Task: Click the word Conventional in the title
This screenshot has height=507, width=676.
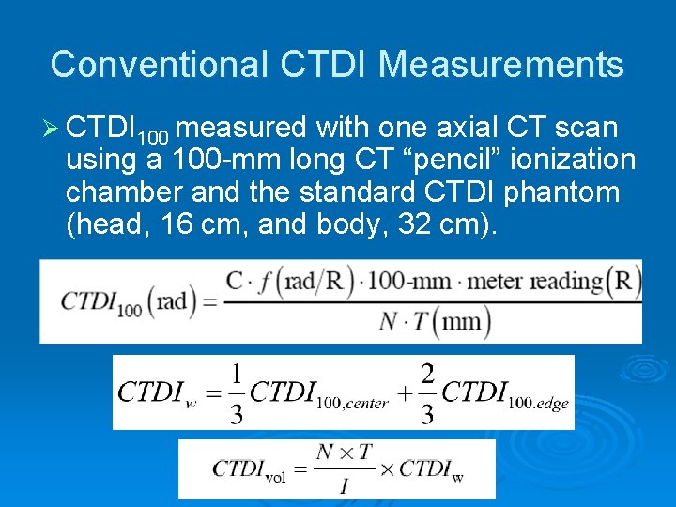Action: [x=158, y=64]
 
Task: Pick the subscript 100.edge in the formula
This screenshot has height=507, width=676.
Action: [x=539, y=405]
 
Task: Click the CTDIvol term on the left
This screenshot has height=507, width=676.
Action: [x=249, y=469]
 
